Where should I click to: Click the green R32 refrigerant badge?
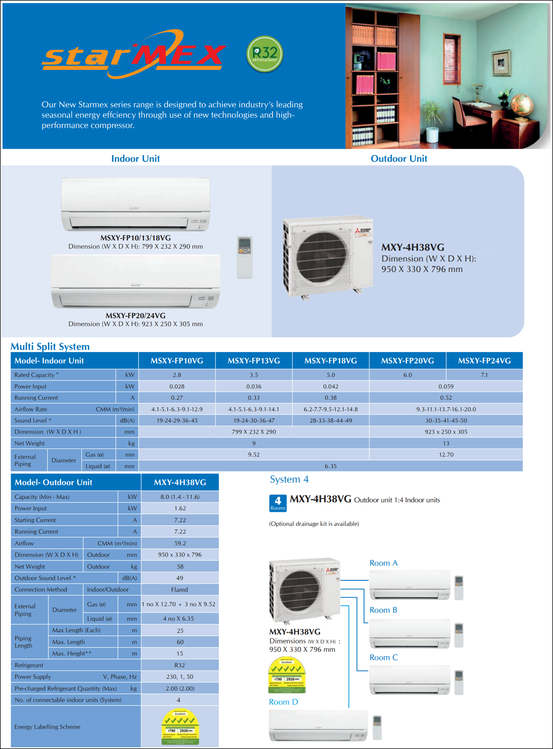click(x=264, y=54)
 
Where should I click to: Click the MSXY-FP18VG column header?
click(x=331, y=361)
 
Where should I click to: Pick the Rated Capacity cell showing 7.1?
click(x=484, y=375)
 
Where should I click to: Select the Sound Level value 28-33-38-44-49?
click(x=331, y=420)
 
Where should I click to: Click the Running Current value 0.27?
click(x=177, y=398)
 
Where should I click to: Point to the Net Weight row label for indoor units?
click(x=30, y=443)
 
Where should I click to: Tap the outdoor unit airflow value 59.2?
click(x=180, y=543)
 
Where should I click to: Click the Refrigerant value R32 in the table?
click(x=179, y=665)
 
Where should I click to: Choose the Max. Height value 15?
click(x=180, y=653)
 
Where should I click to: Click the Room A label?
click(x=383, y=563)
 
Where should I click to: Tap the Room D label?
click(x=283, y=702)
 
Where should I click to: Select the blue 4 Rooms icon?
click(x=278, y=503)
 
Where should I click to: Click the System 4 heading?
click(x=289, y=479)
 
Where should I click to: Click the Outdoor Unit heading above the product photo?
click(x=399, y=159)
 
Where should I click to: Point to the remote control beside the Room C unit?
click(x=458, y=682)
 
